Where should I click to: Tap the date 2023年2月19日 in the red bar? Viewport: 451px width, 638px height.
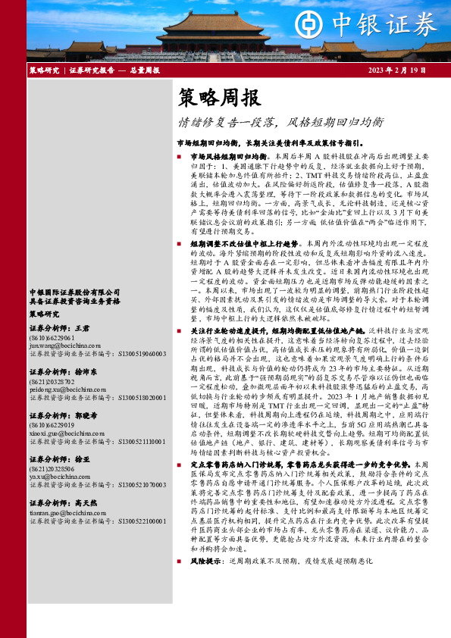pyautogui.click(x=393, y=70)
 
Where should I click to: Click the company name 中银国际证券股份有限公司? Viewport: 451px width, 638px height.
pyautogui.click(x=74, y=292)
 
